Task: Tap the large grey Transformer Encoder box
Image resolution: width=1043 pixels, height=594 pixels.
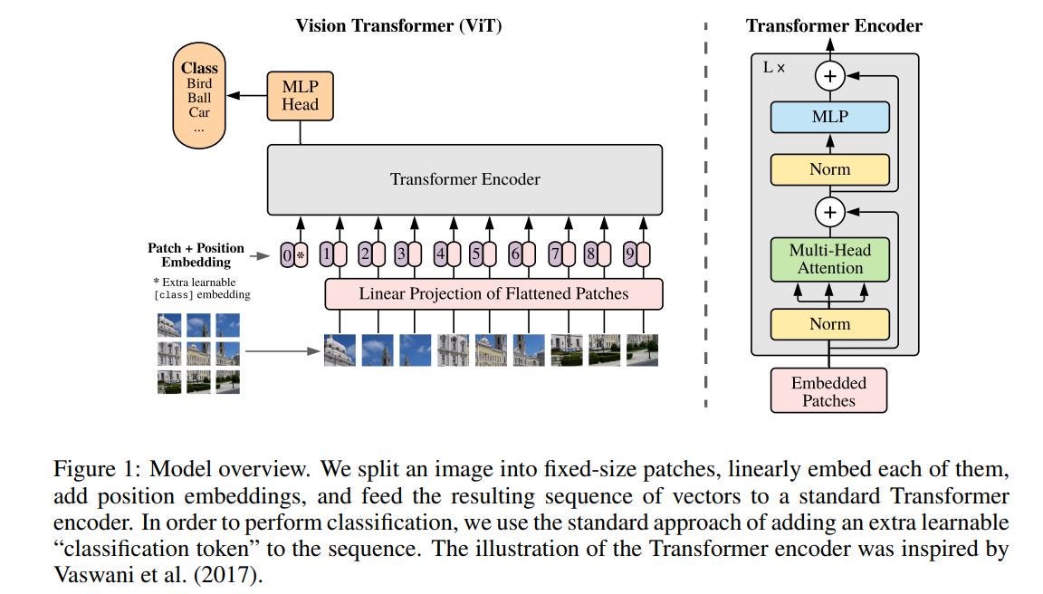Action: tap(464, 179)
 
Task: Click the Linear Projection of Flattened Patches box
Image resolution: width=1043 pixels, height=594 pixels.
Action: tap(493, 293)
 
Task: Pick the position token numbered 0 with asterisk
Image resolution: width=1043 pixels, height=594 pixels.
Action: tap(293, 255)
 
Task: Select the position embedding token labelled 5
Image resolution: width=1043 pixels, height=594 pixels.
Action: tap(483, 255)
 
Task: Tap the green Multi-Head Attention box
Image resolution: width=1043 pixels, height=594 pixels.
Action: tap(829, 259)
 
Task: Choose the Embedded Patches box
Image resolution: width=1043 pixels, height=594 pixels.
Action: tap(828, 391)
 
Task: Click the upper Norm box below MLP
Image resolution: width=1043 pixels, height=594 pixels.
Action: tap(829, 169)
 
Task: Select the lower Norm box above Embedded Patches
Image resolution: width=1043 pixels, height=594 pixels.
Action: tap(829, 324)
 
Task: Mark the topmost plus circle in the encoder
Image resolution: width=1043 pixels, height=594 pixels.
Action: tap(829, 76)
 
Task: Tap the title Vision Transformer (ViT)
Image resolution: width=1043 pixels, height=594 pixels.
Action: tap(398, 25)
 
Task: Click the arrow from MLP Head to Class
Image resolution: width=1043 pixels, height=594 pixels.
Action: tap(247, 94)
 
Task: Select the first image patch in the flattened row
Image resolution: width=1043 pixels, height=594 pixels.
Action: tap(340, 350)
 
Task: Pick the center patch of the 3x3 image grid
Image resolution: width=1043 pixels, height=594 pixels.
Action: tap(198, 353)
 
